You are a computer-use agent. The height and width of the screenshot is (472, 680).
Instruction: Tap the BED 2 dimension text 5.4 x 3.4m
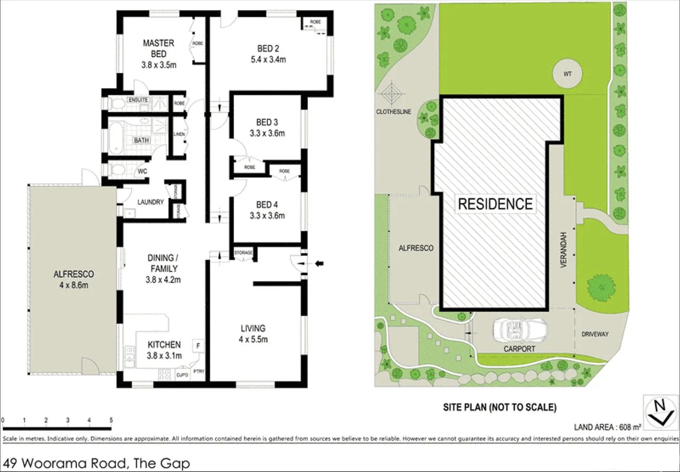pos(268,60)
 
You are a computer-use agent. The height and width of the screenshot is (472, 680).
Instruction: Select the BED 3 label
pos(267,122)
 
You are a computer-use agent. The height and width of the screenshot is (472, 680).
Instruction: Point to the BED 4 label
pos(267,205)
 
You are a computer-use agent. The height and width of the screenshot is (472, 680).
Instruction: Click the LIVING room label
pos(253,328)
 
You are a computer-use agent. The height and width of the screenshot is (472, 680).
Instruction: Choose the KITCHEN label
pos(164,344)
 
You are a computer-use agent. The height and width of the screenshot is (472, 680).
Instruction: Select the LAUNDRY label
pos(150,202)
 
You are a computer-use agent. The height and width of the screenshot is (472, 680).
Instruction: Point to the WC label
pos(142,171)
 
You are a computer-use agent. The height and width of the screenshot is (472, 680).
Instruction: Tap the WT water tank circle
pos(567,74)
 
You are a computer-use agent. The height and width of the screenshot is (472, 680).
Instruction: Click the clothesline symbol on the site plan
pos(393,95)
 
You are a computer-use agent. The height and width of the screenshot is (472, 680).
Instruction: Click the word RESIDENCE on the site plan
pos(495,204)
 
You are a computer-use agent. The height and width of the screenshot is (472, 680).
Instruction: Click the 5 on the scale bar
pos(111,420)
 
